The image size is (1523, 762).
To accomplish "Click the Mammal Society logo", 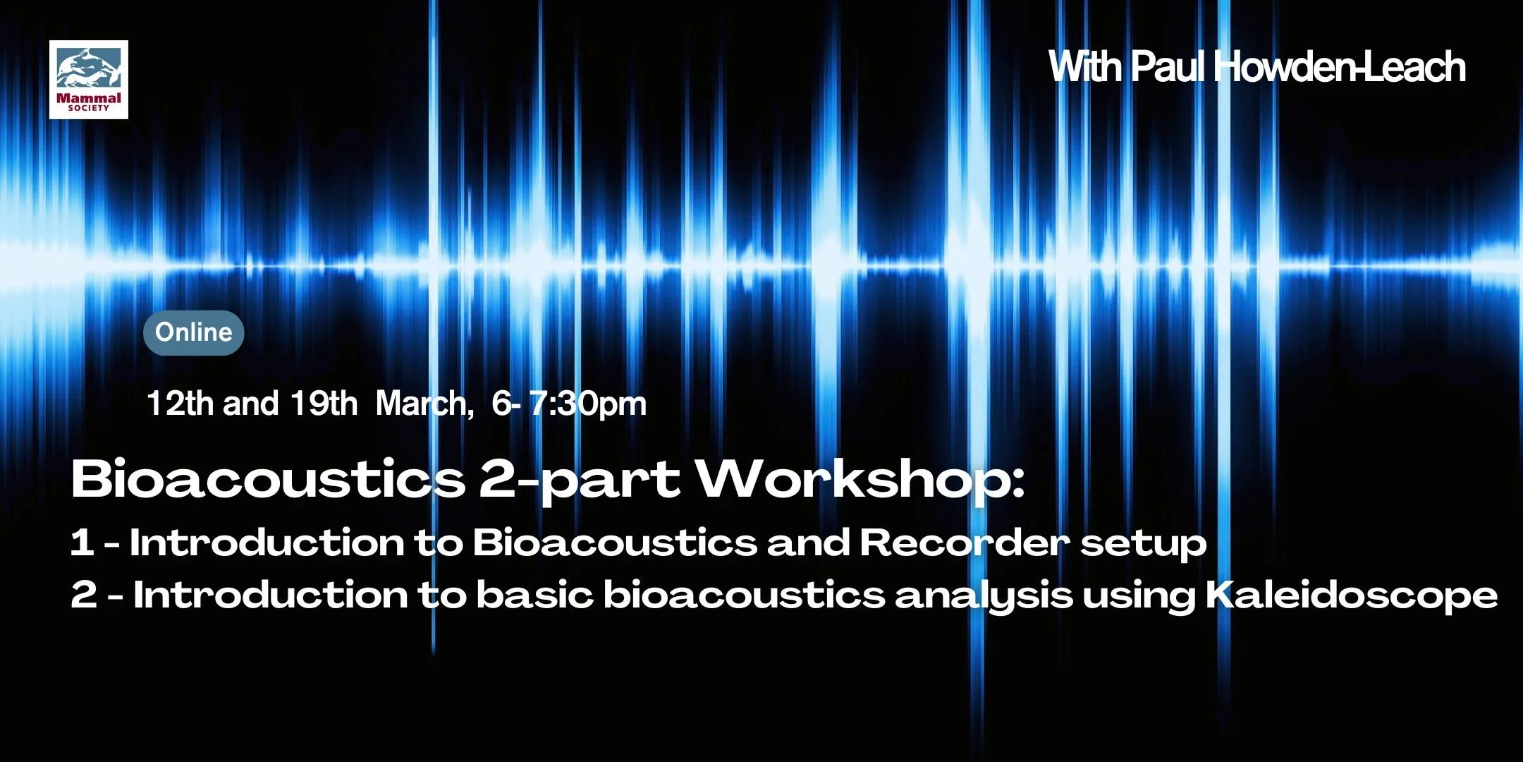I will coord(89,80).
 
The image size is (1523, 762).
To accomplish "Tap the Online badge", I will coord(194,332).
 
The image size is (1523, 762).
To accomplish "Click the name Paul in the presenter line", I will coord(1168,67).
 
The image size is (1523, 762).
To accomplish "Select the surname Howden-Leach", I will coord(1340,67).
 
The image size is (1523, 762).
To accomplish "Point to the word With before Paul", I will coord(1086,67).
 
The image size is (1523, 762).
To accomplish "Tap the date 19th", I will coord(324,404).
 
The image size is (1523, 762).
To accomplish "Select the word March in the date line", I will coord(421,404).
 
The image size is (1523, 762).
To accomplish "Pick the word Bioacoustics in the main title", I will coord(268,480).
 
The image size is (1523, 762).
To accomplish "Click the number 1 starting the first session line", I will coord(82,543).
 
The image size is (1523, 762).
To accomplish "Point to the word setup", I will coord(1143,544).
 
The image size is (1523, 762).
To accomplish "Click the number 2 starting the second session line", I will coord(84,595).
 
